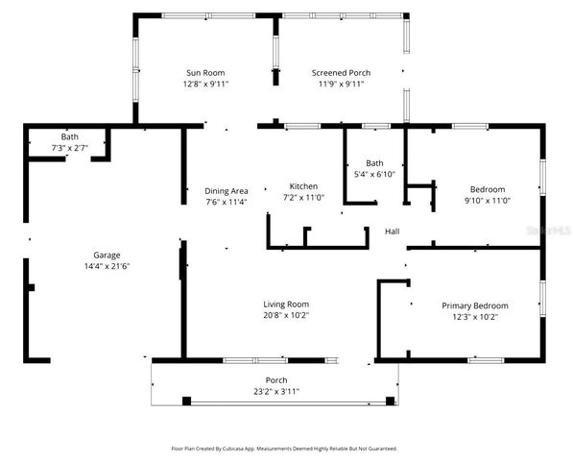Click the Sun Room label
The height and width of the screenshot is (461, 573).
(204, 73)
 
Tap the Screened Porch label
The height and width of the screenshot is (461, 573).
(341, 73)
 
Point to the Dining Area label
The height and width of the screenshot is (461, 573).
(227, 190)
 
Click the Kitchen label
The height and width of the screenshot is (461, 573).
(303, 186)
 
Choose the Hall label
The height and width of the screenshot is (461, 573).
(393, 231)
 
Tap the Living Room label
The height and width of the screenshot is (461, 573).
(286, 304)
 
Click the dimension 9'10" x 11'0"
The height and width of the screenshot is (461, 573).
(488, 200)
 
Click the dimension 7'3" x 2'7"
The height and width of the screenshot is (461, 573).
(70, 148)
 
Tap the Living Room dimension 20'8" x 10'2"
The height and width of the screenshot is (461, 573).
(286, 315)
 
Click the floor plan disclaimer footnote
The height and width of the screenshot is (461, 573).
(284, 449)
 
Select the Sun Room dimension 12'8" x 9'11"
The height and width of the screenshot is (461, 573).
(204, 84)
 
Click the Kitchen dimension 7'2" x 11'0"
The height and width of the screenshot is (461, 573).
(303, 197)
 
